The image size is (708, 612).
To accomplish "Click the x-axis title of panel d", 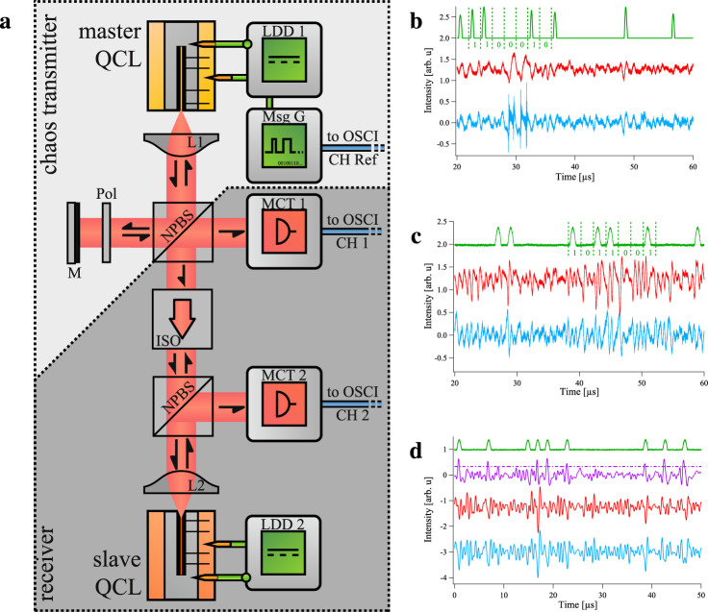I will [x=577, y=605].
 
